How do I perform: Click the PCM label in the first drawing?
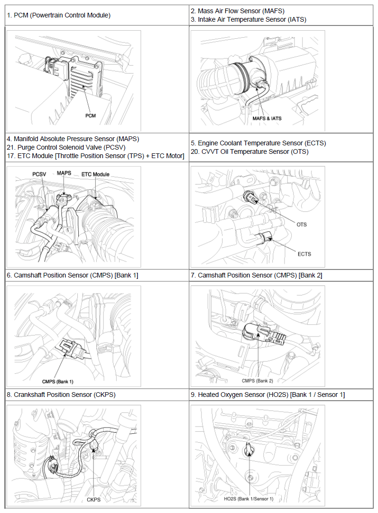(91, 116)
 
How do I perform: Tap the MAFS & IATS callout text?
(267, 118)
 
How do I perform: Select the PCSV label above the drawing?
(39, 174)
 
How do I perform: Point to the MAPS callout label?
(64, 173)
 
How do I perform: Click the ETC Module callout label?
(95, 174)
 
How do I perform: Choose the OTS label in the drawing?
(301, 224)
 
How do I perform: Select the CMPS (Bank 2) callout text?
(257, 380)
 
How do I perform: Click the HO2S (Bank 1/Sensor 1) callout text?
(249, 499)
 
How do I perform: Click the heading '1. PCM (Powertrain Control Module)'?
(59, 15)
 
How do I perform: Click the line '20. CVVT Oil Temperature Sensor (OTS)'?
(249, 151)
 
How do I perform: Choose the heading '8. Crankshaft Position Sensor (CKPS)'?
(61, 395)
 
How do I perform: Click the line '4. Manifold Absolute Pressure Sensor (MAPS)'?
(73, 139)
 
